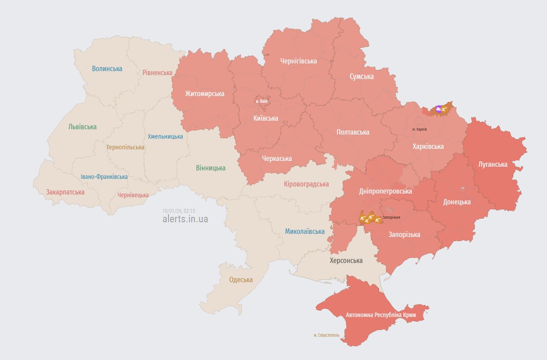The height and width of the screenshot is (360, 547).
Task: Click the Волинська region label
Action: click(107, 68)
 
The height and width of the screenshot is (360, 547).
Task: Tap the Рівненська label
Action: click(157, 72)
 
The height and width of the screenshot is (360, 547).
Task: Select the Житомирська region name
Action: click(205, 93)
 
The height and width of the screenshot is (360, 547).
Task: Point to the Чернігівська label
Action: click(298, 61)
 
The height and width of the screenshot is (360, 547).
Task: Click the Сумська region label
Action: click(361, 76)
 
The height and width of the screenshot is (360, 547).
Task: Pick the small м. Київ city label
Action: click(261, 101)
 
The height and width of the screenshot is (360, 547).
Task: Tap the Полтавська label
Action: click(353, 132)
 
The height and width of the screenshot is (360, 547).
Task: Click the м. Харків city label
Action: click(419, 129)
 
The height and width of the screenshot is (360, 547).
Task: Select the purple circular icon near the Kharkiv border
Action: click(438, 108)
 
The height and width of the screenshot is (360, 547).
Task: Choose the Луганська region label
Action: click(492, 164)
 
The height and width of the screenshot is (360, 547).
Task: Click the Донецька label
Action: click(457, 202)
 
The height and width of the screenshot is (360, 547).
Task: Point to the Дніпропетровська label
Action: click(385, 191)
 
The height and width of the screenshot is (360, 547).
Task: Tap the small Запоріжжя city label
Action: click(391, 217)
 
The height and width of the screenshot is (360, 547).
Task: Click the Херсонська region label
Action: click(346, 260)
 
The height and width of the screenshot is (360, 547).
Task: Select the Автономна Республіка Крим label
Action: click(381, 315)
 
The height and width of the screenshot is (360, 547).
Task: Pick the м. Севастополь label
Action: click(326, 335)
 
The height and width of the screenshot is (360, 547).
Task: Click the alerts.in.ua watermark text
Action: click(185, 219)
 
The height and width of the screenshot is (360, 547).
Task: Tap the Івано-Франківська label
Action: click(104, 177)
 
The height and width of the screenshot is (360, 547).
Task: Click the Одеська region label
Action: click(240, 280)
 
